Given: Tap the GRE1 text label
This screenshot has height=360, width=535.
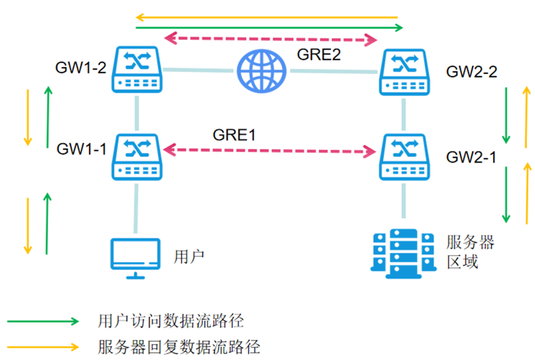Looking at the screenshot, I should pyautogui.click(x=234, y=134).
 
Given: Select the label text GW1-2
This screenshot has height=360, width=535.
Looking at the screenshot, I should pyautogui.click(x=81, y=68).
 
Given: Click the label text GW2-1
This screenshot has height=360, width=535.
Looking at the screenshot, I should pyautogui.click(x=471, y=157).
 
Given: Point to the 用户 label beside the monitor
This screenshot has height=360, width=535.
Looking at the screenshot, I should pyautogui.click(x=189, y=257).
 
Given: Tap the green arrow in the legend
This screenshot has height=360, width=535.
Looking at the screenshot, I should pyautogui.click(x=43, y=321).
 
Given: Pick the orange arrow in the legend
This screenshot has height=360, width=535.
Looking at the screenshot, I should pyautogui.click(x=43, y=346).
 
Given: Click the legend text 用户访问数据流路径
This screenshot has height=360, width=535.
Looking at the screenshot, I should pyautogui.click(x=171, y=321).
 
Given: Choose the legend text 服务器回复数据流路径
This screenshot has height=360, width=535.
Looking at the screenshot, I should pyautogui.click(x=179, y=346).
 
